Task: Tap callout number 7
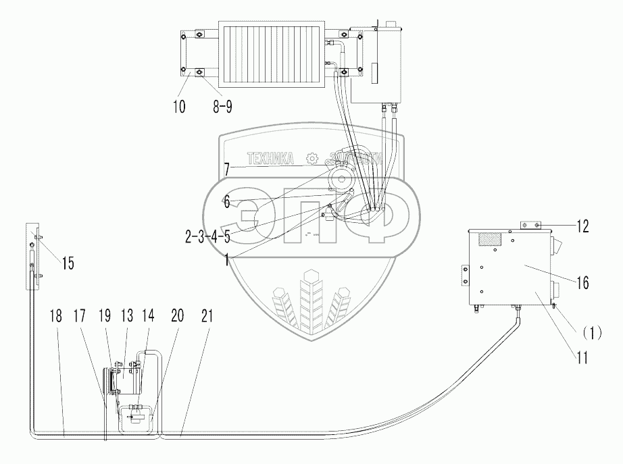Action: tap(228, 170)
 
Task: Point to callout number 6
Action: tap(227, 201)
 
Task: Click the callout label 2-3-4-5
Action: tap(207, 236)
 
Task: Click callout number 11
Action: tap(581, 358)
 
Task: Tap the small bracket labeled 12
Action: tap(530, 225)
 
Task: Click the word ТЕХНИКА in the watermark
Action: tap(271, 159)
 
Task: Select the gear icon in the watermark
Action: tap(311, 159)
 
